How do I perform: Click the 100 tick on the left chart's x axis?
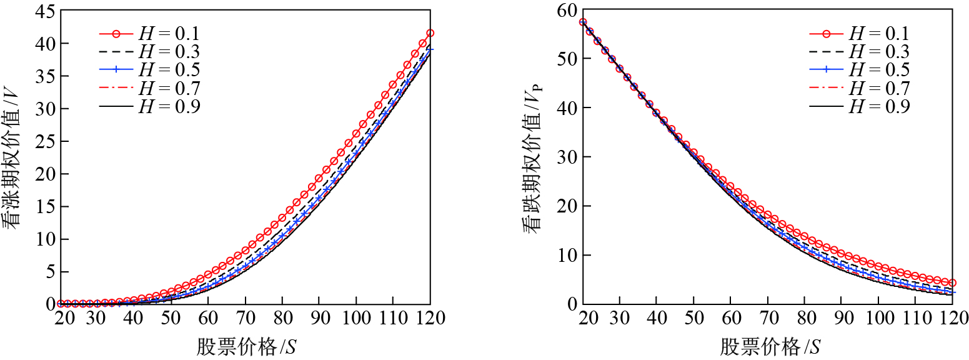click(356, 317)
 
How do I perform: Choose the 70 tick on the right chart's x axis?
click(767, 317)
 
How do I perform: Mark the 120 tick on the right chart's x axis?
click(952, 317)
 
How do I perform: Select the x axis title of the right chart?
click(770, 346)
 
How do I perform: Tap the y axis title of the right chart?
click(534, 156)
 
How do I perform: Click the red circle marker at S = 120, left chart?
click(430, 33)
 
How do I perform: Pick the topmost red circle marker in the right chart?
click(583, 22)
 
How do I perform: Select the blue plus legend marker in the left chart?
click(116, 69)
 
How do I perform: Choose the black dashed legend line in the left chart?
click(116, 51)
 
